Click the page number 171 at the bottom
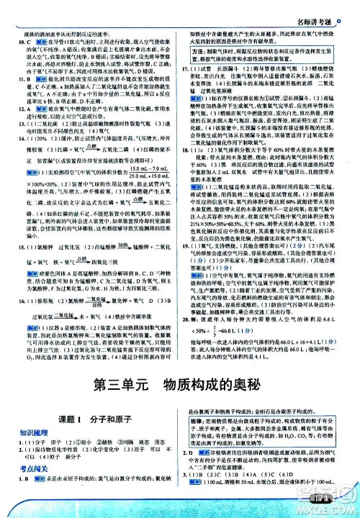[x=315, y=498]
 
